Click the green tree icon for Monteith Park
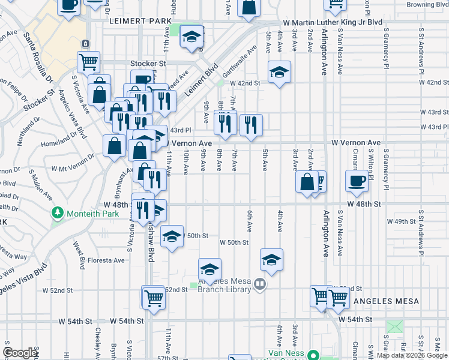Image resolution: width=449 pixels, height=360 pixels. (x=58, y=212)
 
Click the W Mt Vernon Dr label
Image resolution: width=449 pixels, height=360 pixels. (x=73, y=165)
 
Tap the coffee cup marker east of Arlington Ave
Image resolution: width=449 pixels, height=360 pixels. (x=357, y=181)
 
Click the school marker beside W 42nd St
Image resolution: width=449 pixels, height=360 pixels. (x=279, y=73)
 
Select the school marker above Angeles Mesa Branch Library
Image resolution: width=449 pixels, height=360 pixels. (x=209, y=269)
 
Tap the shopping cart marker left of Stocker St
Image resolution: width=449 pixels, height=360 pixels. (x=88, y=61)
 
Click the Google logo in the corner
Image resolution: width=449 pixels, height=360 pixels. (x=20, y=353)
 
